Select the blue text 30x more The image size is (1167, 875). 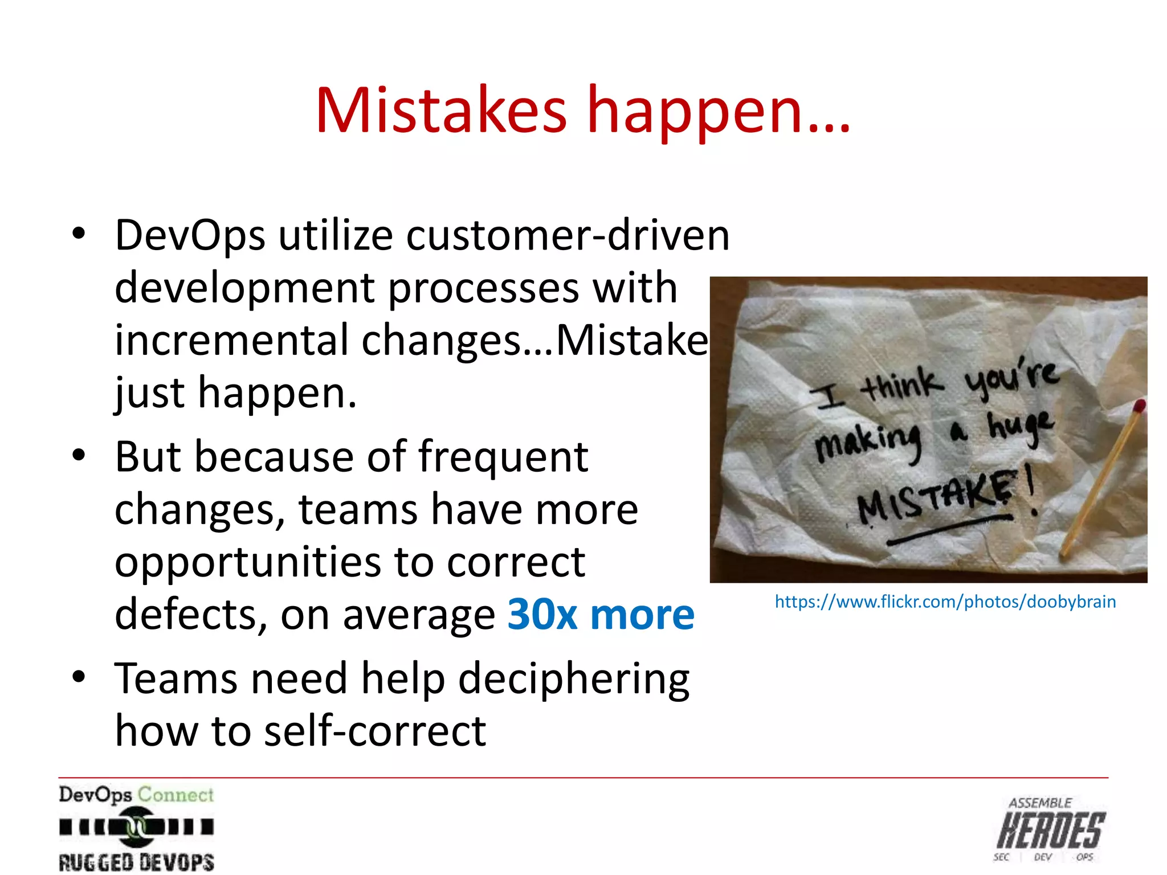click(601, 615)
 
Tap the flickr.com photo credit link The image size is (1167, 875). click(945, 602)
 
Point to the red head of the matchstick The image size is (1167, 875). click(1139, 406)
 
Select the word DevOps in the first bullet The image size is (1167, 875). click(190, 235)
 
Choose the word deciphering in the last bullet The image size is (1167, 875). click(574, 680)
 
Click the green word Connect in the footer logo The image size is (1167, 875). click(176, 794)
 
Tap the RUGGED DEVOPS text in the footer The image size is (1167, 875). click(136, 862)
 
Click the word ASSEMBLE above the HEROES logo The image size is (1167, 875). click(1040, 803)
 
